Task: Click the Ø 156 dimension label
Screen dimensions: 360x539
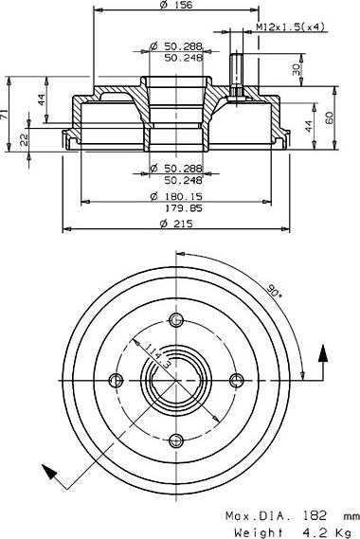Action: coord(176,5)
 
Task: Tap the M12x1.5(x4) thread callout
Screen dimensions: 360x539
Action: coord(291,27)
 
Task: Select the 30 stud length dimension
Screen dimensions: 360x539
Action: coord(296,70)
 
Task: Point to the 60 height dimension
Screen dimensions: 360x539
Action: coord(329,117)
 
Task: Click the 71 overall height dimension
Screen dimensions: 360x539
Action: coord(3,114)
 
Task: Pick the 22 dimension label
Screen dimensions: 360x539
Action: coord(24,139)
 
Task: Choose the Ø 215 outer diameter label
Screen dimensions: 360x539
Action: coord(176,224)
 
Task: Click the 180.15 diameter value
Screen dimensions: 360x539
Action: coord(185,197)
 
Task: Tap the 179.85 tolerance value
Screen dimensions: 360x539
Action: coord(185,208)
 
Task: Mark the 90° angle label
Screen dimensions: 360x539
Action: coord(273,292)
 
